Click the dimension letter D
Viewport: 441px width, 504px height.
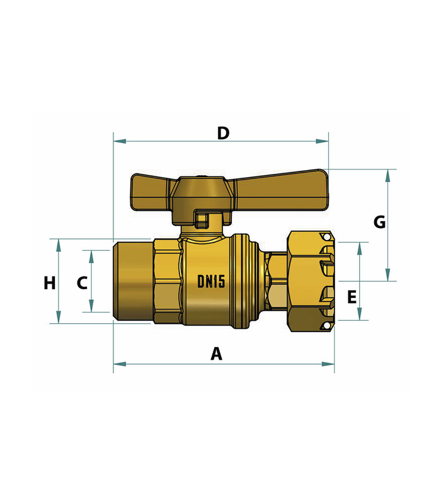[223, 133]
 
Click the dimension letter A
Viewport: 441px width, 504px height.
[217, 353]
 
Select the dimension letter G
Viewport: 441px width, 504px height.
[380, 222]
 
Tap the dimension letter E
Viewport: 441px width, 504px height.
[352, 297]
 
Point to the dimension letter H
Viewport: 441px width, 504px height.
[50, 283]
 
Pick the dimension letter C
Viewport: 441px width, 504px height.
[82, 283]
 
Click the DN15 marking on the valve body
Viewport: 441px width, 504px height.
[211, 282]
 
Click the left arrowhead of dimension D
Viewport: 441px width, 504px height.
[120, 141]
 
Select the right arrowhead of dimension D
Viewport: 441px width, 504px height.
[322, 141]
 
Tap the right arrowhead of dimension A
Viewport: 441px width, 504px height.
[328, 364]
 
